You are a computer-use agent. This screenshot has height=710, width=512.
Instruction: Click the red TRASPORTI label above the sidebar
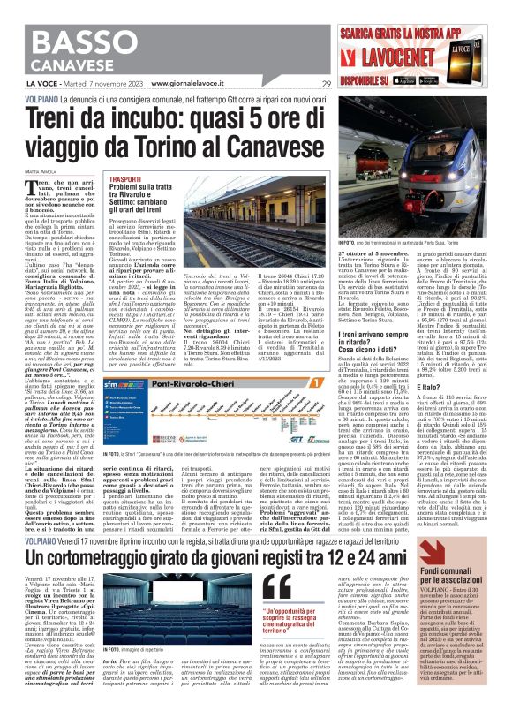click(x=124, y=177)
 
